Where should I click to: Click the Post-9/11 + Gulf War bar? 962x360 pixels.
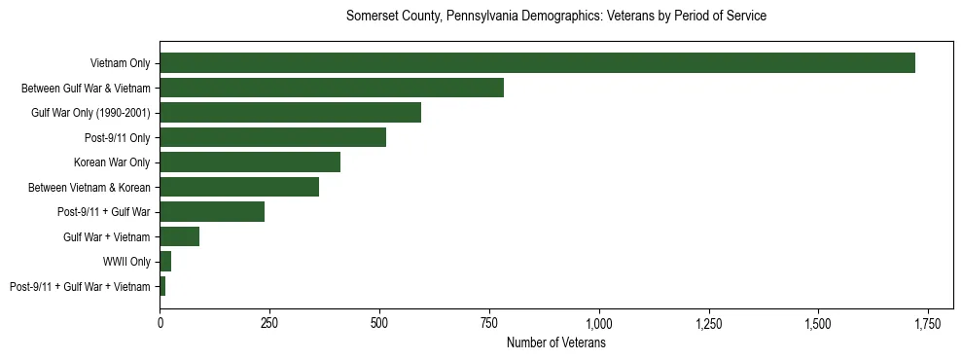pyautogui.click(x=212, y=212)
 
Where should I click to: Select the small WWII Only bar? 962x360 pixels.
pyautogui.click(x=165, y=262)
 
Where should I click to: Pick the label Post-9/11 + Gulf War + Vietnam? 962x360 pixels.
pyautogui.click(x=80, y=287)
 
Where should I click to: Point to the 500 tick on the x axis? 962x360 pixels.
pyautogui.click(x=379, y=322)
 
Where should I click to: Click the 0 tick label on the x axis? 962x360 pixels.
pyautogui.click(x=160, y=322)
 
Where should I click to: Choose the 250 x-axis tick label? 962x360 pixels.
pyautogui.click(x=269, y=322)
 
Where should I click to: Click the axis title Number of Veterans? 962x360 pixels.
pyautogui.click(x=556, y=343)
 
